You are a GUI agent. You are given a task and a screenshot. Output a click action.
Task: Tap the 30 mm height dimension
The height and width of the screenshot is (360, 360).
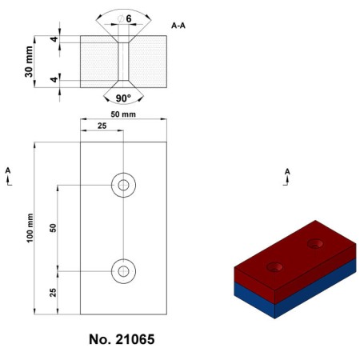[x=29, y=61]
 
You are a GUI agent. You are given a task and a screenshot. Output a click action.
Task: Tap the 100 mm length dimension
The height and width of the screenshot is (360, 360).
[x=29, y=228]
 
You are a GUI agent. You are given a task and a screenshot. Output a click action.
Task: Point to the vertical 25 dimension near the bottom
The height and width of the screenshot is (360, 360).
[x=53, y=292]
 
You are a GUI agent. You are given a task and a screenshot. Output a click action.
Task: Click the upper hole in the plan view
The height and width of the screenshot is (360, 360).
[x=123, y=185]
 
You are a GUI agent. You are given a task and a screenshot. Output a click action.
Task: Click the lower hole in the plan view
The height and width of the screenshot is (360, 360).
[x=123, y=271]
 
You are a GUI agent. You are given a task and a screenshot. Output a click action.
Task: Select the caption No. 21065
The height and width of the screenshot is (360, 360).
[x=122, y=340]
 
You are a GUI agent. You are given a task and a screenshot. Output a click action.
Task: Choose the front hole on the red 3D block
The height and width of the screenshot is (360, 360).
[x=276, y=266]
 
